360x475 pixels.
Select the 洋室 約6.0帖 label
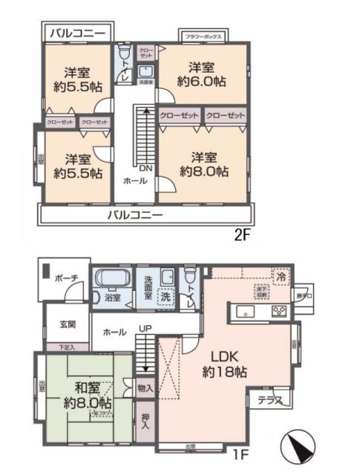click(201, 73)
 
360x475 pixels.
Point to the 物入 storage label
click(145, 387)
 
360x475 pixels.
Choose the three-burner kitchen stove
click(280, 310)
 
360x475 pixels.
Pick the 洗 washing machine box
click(167, 295)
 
